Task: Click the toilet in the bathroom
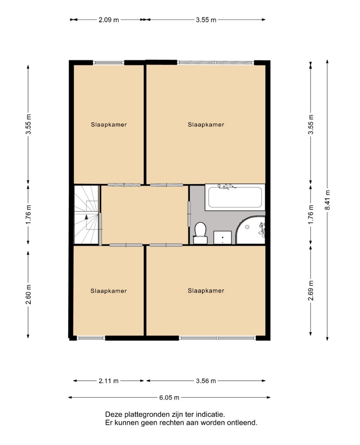point(200,233)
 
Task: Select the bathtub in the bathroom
point(235,197)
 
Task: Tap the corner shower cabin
point(251,230)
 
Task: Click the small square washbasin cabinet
point(222,237)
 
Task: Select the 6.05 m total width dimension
point(169,397)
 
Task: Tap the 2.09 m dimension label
point(109,20)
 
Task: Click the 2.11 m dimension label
point(109,381)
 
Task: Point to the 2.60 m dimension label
point(28,294)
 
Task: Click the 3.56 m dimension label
point(206,381)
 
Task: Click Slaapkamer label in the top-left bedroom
point(109,125)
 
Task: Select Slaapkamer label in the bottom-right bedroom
point(206,291)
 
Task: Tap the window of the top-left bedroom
point(109,63)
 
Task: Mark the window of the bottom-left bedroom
point(91,338)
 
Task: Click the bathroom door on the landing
point(188,214)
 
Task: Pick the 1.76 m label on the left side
point(28,214)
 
